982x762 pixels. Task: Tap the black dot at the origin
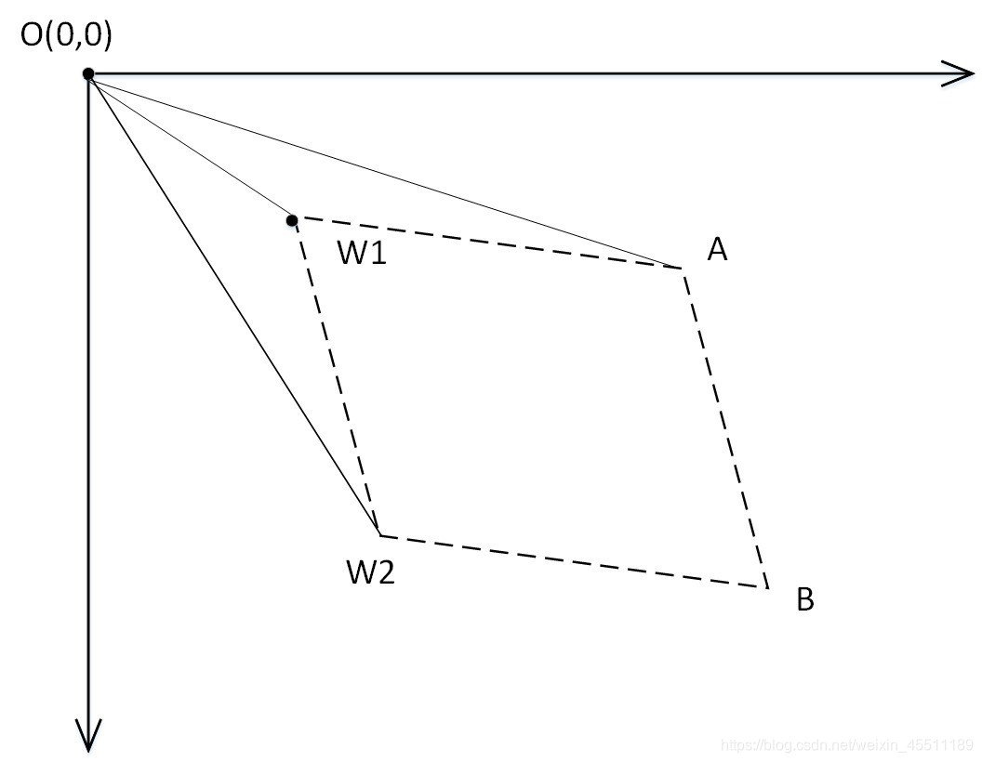[87, 73]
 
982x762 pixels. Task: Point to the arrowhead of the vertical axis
[87, 735]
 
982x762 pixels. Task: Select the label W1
[362, 252]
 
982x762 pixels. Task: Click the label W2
[371, 572]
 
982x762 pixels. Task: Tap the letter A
[716, 248]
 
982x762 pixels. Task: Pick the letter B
[805, 600]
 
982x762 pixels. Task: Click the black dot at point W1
[292, 220]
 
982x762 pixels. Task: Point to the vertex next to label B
[767, 587]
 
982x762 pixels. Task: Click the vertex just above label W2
[379, 535]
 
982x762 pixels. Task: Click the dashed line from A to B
[725, 427]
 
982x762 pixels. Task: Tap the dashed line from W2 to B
[573, 561]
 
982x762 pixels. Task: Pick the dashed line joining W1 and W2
[336, 377]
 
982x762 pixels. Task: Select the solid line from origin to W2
[233, 305]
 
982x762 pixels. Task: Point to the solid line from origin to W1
[190, 147]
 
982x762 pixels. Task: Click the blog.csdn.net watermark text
[847, 746]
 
